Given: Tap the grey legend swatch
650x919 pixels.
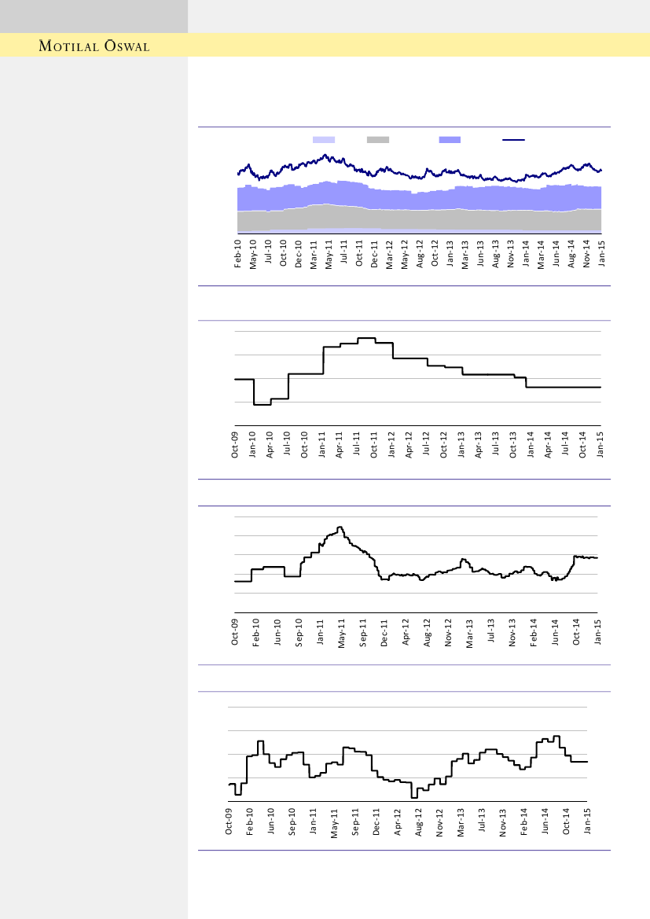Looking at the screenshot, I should tap(378, 140).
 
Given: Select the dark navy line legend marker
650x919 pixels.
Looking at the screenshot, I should tap(513, 140).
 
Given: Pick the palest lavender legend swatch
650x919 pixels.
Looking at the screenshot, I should tap(324, 140).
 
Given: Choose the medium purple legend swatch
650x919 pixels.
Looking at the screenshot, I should tap(450, 140).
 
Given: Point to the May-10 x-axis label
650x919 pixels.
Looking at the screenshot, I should tap(253, 254).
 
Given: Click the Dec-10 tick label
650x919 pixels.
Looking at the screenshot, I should tap(299, 254).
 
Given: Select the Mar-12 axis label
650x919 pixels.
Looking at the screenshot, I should tap(390, 254).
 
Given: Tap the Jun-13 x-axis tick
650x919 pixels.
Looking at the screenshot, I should tap(480, 254).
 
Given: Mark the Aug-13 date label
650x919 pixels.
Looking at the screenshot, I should tap(496, 254).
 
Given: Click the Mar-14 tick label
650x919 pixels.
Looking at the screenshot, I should tap(541, 254).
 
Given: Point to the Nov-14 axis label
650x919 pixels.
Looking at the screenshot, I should tap(586, 254).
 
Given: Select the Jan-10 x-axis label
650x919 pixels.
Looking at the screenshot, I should tap(252, 445).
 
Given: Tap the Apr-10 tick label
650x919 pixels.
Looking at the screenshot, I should tap(270, 445).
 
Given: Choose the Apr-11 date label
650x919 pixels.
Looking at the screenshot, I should tap(340, 445).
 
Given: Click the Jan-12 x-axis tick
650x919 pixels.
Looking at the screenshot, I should tap(391, 445).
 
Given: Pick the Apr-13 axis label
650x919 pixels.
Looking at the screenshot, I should tap(479, 445).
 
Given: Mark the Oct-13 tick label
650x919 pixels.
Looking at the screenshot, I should tap(513, 445).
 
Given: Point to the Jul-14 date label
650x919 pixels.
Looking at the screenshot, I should tap(566, 445).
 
